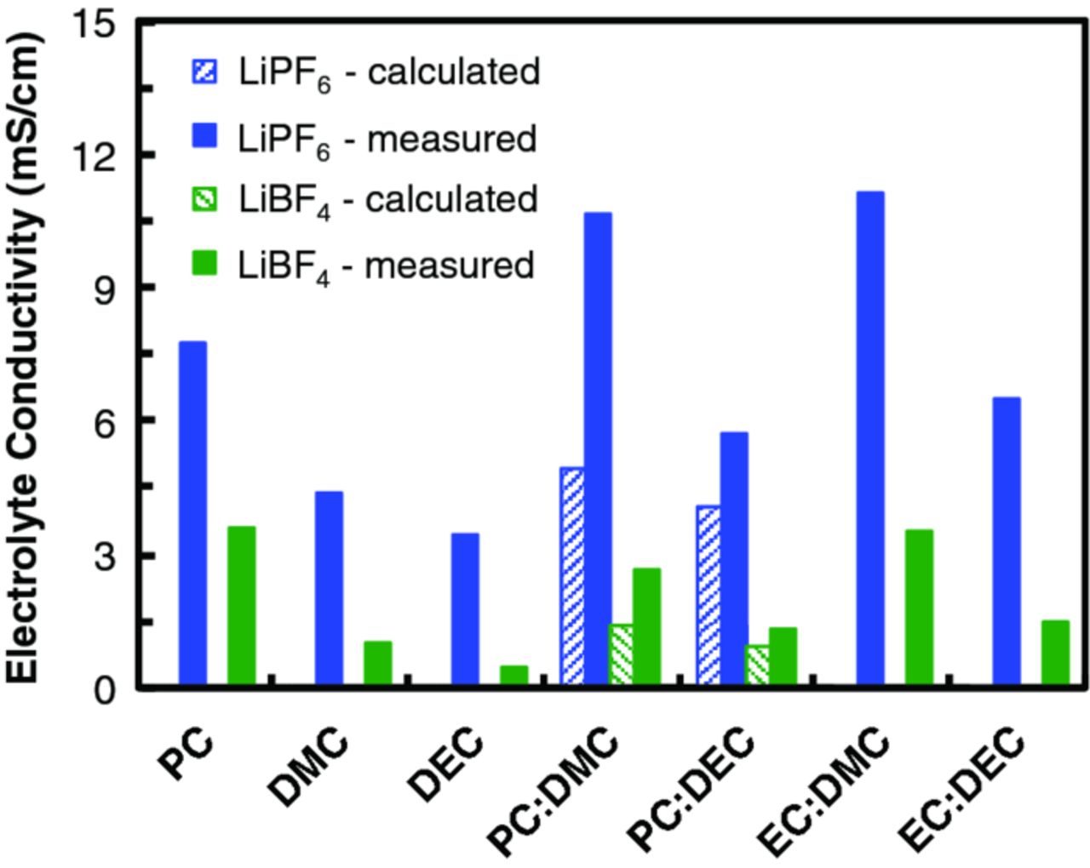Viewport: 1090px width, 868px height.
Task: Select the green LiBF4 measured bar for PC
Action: (241, 605)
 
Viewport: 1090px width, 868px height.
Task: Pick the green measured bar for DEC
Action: (513, 674)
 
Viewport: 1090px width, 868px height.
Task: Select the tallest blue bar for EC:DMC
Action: (870, 437)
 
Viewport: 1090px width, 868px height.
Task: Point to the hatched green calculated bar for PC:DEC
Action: (757, 664)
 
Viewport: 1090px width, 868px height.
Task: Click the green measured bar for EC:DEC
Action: (1055, 652)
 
